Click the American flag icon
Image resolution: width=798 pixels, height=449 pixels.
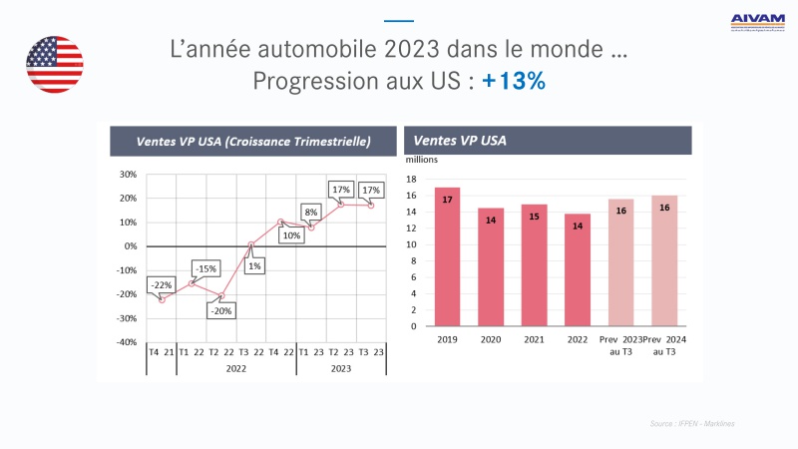(55, 64)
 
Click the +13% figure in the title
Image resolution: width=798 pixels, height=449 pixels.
(514, 82)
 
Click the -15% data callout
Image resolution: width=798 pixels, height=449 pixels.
(205, 268)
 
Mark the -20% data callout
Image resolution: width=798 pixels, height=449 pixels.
(220, 310)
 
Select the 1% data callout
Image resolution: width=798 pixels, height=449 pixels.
(255, 266)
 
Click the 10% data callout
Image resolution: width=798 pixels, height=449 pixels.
(291, 235)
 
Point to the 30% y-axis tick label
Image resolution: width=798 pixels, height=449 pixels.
(128, 174)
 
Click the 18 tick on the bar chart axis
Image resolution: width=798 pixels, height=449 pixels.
(411, 179)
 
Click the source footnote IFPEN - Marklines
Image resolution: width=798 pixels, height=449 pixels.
(693, 424)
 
